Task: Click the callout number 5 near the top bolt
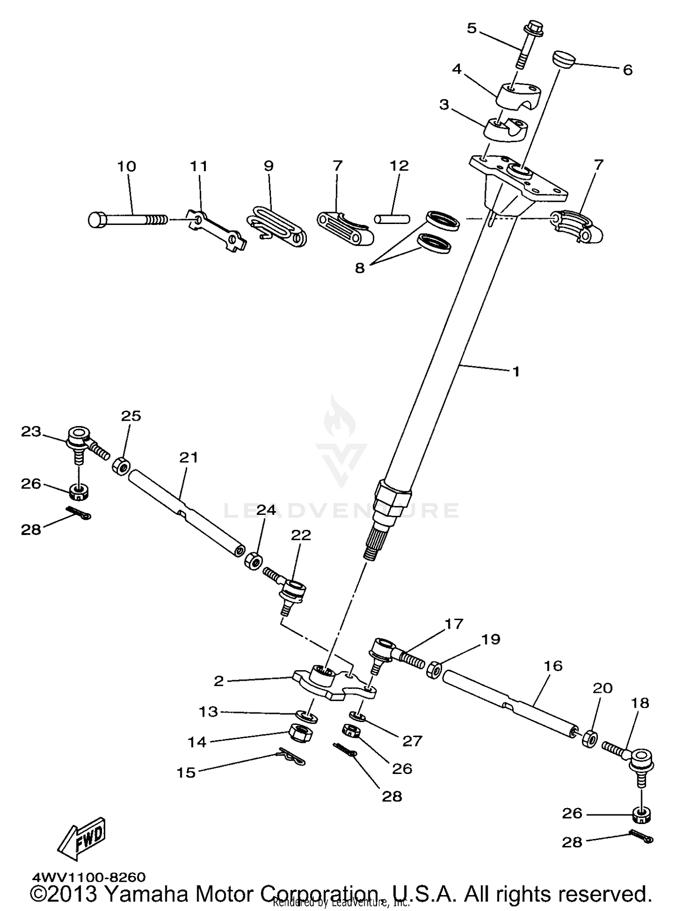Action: [x=471, y=28]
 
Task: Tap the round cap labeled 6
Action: [x=565, y=59]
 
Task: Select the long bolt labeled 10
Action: [x=127, y=220]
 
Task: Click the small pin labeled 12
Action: [x=392, y=219]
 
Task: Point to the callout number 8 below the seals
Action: [x=360, y=268]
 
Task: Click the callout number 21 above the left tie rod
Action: [x=189, y=457]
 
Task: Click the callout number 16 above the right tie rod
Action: [x=553, y=666]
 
